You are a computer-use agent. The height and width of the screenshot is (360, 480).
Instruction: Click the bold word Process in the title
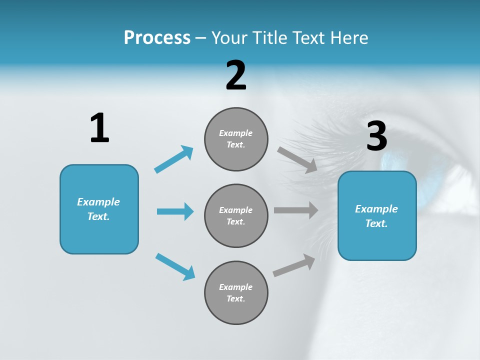[x=157, y=37]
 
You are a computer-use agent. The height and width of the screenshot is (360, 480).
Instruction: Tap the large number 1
[x=99, y=128]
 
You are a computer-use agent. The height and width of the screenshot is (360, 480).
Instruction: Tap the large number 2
[x=236, y=75]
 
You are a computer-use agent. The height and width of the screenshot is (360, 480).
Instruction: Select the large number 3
[x=376, y=136]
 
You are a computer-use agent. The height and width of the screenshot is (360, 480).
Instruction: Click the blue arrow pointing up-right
[x=174, y=159]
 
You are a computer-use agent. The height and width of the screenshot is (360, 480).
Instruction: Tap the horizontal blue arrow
[x=175, y=211]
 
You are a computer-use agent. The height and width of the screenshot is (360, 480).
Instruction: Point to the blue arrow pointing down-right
[x=175, y=266]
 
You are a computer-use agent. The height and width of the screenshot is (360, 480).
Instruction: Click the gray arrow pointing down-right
[x=297, y=160]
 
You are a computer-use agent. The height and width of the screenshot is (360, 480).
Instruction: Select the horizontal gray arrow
[x=296, y=210]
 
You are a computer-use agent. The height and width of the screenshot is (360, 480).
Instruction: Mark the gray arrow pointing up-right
[x=294, y=265]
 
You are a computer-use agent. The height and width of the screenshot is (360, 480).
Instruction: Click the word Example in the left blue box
[x=98, y=202]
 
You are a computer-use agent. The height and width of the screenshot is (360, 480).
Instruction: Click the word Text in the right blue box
[x=376, y=223]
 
